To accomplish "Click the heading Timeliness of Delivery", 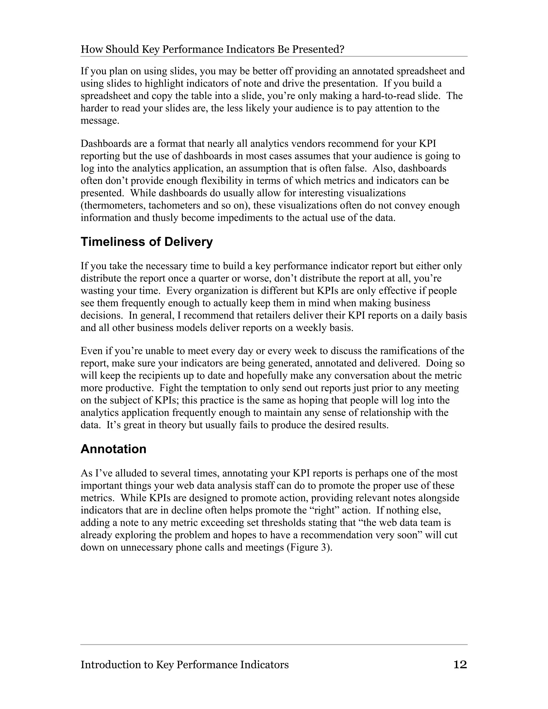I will pos(146,242).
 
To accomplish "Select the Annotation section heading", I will pos(113,449).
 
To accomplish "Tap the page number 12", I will pos(460,665).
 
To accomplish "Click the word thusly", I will pos(165,218).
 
